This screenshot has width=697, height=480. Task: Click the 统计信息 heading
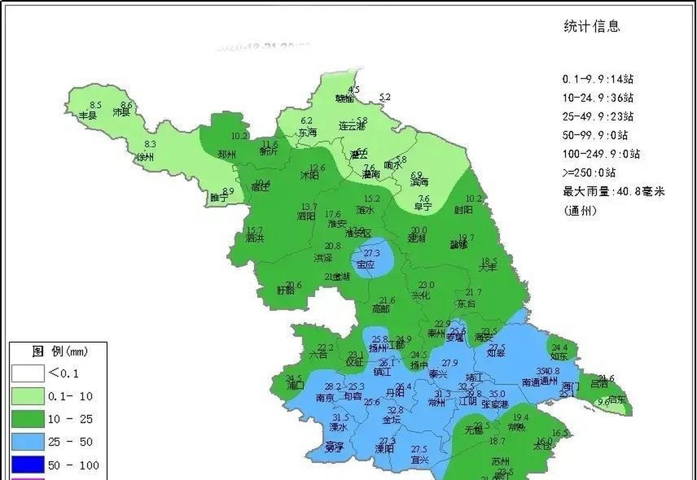[x=592, y=26]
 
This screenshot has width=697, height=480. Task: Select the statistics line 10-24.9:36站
[x=598, y=98]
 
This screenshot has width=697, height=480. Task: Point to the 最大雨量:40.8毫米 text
[x=613, y=192]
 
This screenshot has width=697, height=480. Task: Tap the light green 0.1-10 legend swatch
[x=28, y=396]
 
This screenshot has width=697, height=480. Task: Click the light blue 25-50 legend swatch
[x=28, y=442]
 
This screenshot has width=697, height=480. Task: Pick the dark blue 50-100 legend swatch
[x=28, y=465]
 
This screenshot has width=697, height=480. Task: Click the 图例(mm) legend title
[x=60, y=352]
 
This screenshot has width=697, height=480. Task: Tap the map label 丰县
[x=88, y=115]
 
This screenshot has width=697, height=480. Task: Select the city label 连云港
[x=352, y=126]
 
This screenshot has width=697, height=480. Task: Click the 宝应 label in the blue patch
[x=366, y=265]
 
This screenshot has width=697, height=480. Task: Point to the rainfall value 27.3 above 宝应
[x=372, y=253]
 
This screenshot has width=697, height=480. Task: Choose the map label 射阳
[x=463, y=210]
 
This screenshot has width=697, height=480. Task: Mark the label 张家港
[x=495, y=404]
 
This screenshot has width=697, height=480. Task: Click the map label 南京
[x=325, y=398]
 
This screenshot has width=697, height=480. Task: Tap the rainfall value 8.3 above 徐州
[x=150, y=144]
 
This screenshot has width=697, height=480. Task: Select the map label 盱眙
[x=286, y=290]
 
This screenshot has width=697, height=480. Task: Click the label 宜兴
[x=419, y=459]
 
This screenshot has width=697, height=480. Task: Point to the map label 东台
[x=466, y=303]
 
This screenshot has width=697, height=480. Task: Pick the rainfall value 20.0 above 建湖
[x=419, y=230]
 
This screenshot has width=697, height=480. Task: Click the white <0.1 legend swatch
[x=28, y=373]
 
